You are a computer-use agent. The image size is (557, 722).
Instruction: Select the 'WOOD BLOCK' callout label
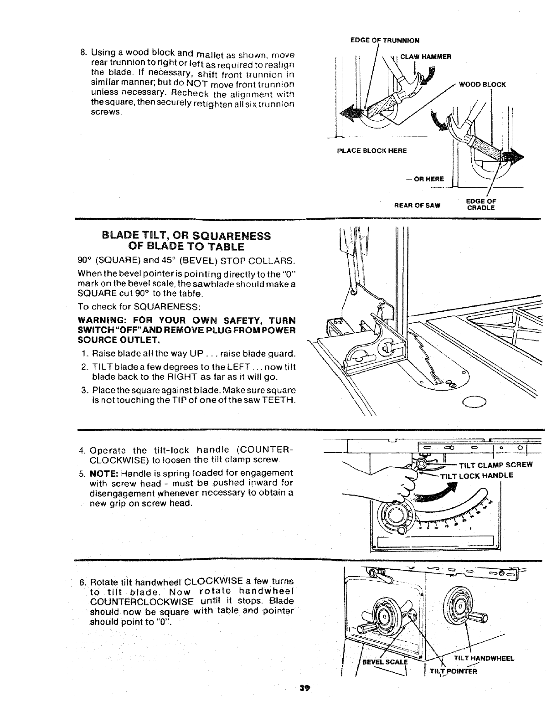[x=482, y=85]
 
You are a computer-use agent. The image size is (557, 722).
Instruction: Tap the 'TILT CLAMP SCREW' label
[x=495, y=465]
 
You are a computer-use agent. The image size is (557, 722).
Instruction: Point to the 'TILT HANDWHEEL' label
[x=484, y=658]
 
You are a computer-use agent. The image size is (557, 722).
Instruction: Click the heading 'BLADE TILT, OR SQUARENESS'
[x=186, y=236]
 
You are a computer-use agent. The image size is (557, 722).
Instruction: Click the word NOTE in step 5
[x=105, y=473]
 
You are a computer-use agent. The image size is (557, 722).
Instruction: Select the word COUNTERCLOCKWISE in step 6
[x=133, y=601]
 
